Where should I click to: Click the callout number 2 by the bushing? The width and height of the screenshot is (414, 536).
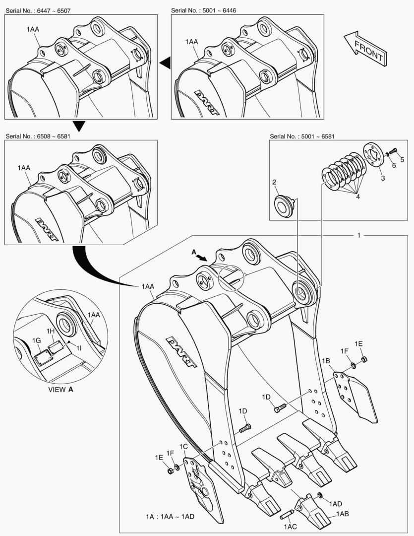click(274, 183)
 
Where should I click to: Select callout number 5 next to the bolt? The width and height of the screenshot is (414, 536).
click(402, 159)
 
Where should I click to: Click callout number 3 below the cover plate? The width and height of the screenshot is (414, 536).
click(382, 177)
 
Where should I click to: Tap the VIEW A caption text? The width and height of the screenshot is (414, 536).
click(60, 389)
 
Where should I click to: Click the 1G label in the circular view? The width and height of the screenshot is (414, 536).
click(36, 340)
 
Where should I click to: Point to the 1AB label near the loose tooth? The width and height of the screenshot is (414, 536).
click(342, 514)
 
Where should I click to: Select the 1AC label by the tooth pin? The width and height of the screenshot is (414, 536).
click(290, 525)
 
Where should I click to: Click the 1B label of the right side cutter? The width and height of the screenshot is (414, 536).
click(326, 361)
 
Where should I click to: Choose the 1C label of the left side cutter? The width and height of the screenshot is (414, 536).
click(183, 447)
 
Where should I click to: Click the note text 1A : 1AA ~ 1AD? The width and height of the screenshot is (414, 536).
click(167, 516)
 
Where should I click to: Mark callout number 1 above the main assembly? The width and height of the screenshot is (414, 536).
click(358, 235)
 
